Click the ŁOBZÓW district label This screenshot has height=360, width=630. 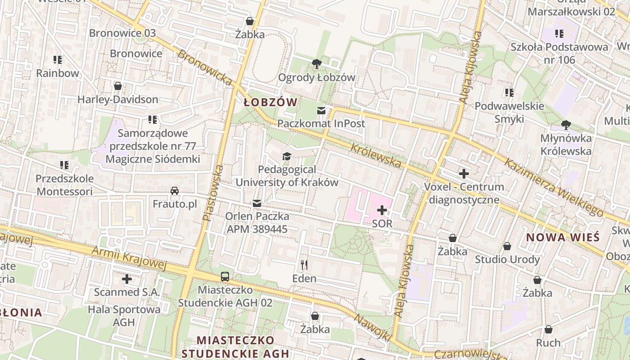[x=270, y=102]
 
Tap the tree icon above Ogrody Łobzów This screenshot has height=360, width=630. [x=317, y=63]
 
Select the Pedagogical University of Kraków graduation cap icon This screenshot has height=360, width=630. [x=287, y=156]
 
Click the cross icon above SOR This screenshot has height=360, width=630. [x=382, y=210]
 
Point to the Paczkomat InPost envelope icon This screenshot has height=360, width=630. [x=321, y=110]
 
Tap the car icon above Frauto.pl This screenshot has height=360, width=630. [x=175, y=191]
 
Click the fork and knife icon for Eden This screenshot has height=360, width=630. [x=304, y=265]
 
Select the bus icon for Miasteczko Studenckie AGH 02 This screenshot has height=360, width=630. [x=225, y=277]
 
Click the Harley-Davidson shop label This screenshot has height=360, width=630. [x=118, y=99]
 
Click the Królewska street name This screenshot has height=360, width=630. [x=375, y=155]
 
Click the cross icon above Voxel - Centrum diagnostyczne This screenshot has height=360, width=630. [x=464, y=173]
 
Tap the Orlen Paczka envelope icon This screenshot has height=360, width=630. [x=257, y=203]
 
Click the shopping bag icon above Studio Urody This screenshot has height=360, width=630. [x=507, y=246]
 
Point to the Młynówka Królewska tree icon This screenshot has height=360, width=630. [x=566, y=125]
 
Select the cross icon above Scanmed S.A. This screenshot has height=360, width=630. [x=127, y=279]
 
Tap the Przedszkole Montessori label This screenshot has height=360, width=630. [x=65, y=185]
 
